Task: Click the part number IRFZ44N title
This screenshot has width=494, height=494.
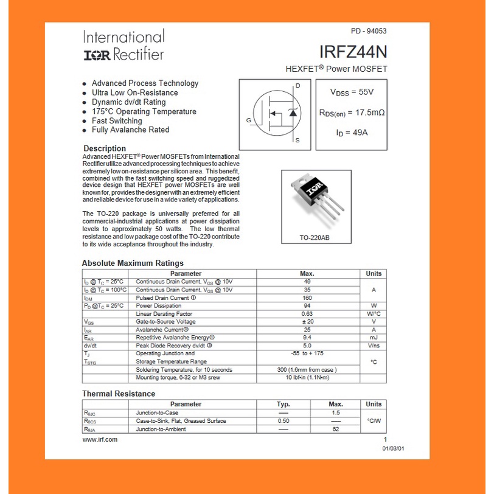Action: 353,52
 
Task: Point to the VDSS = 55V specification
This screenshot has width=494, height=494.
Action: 352,92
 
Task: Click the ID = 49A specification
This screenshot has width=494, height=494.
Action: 352,131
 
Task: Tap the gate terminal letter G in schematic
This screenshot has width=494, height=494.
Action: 248,120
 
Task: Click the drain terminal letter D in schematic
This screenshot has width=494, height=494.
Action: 297,86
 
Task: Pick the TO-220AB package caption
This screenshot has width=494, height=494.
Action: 315,237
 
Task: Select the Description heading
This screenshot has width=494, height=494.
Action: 105,148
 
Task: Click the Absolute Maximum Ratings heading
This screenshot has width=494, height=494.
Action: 133,263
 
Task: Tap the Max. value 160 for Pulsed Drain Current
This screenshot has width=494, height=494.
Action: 307,298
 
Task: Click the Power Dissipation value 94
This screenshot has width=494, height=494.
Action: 307,306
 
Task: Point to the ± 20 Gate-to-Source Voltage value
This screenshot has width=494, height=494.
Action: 307,322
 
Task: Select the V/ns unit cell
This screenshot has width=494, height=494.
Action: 374,346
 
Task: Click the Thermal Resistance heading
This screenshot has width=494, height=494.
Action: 119,394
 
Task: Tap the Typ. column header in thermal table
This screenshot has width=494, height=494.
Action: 283,404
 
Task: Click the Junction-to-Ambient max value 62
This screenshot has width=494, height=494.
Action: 335,429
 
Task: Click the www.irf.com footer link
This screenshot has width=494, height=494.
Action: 100,439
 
